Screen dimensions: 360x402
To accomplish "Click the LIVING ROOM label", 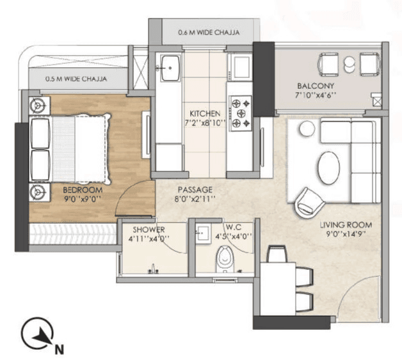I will click(x=346, y=225).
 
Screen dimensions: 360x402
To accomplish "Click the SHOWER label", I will click(x=149, y=230).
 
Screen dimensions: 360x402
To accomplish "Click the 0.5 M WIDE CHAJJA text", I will click(x=76, y=79).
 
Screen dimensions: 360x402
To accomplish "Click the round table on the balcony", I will click(x=350, y=63).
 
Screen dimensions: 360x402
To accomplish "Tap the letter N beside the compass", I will click(x=58, y=349).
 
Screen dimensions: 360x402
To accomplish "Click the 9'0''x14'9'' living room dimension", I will click(x=346, y=235).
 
